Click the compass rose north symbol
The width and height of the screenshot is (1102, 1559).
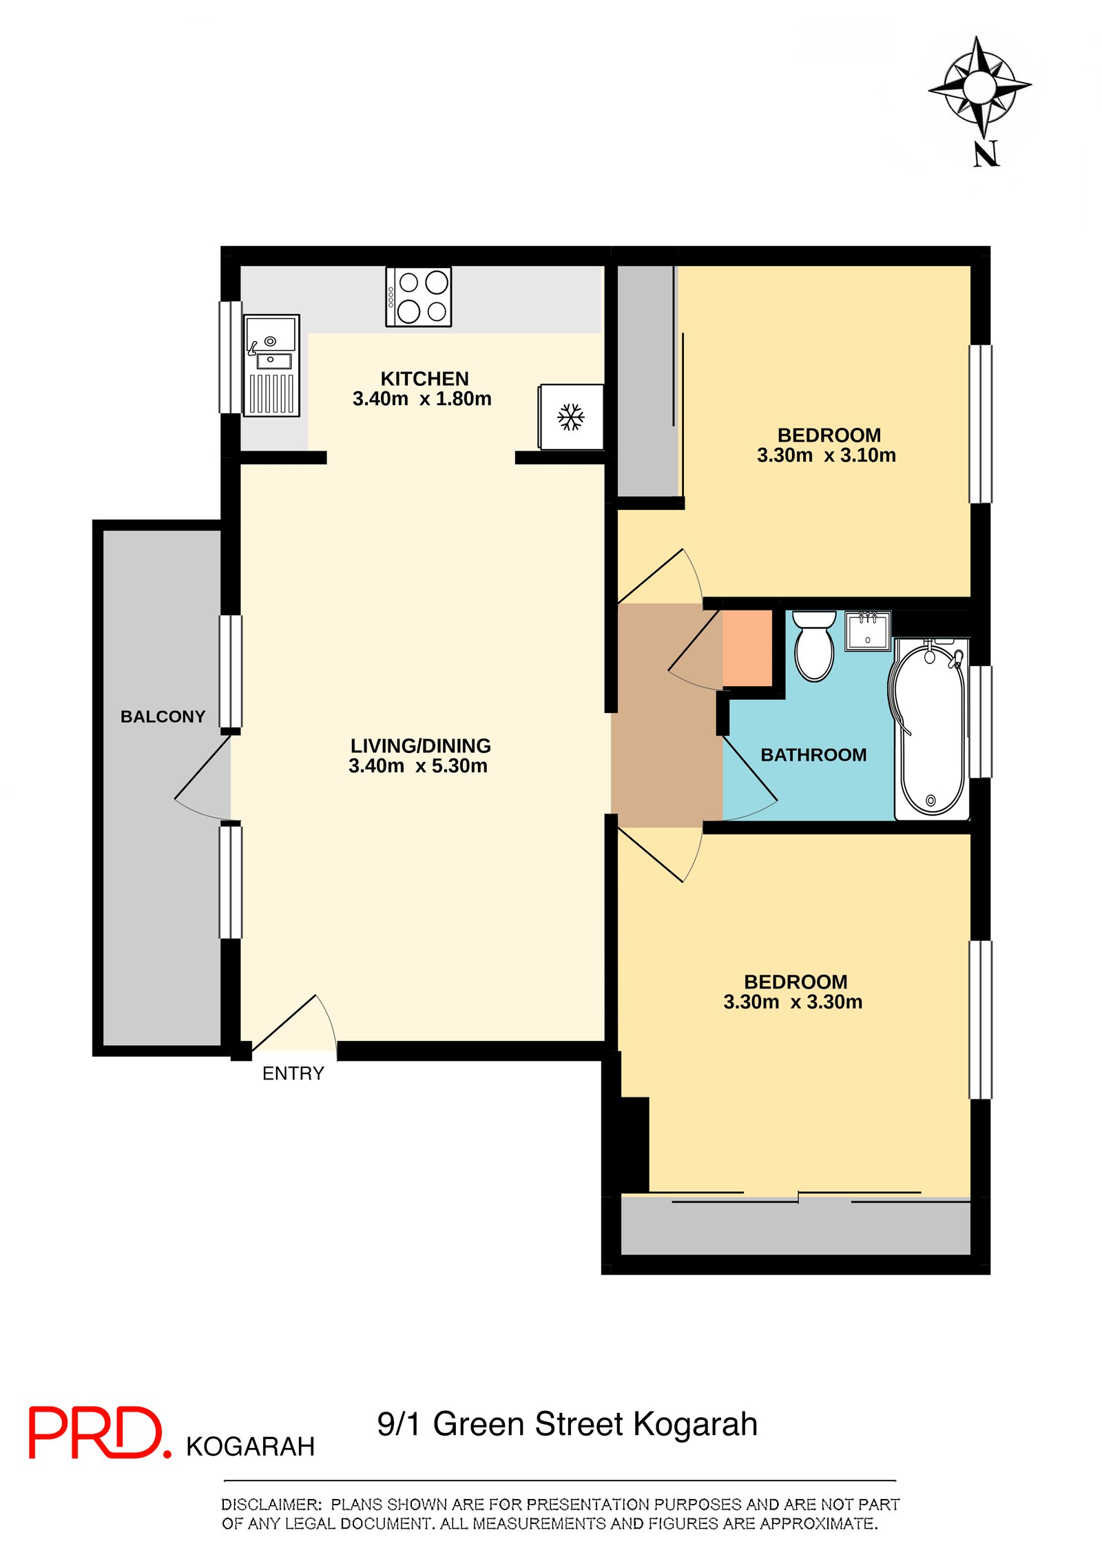979,87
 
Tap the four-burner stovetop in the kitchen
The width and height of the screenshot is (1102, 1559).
419,297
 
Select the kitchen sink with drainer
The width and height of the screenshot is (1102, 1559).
271,365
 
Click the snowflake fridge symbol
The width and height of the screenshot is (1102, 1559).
571,417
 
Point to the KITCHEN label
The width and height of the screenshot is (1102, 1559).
424,379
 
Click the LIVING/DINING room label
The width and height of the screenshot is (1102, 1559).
420,746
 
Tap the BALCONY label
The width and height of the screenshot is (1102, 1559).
163,716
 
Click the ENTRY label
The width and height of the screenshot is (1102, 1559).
293,1073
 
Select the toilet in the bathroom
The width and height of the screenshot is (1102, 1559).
814,646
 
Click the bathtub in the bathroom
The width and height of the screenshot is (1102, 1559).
931,729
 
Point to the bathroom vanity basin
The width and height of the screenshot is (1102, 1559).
868,630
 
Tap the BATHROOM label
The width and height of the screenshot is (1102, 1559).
813,755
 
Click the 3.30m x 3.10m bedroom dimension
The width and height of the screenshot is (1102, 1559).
826,455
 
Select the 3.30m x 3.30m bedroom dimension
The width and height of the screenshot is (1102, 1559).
793,1002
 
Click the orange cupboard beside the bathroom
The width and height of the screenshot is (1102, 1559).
747,648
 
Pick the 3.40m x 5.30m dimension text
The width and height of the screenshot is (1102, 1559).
418,766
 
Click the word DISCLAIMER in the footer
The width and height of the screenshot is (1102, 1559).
271,1505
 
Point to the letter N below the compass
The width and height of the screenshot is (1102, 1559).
986,154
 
